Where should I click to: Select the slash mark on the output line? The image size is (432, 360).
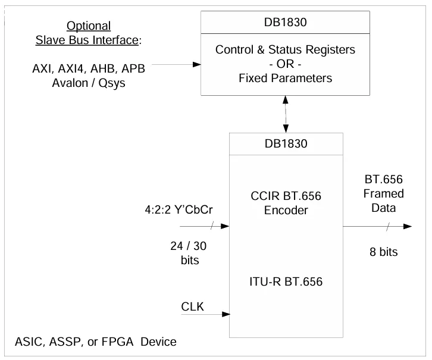(387, 226)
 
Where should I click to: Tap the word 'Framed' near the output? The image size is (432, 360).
(384, 193)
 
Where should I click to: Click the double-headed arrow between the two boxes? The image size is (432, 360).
(287, 112)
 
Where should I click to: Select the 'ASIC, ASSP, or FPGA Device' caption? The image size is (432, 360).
(95, 342)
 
